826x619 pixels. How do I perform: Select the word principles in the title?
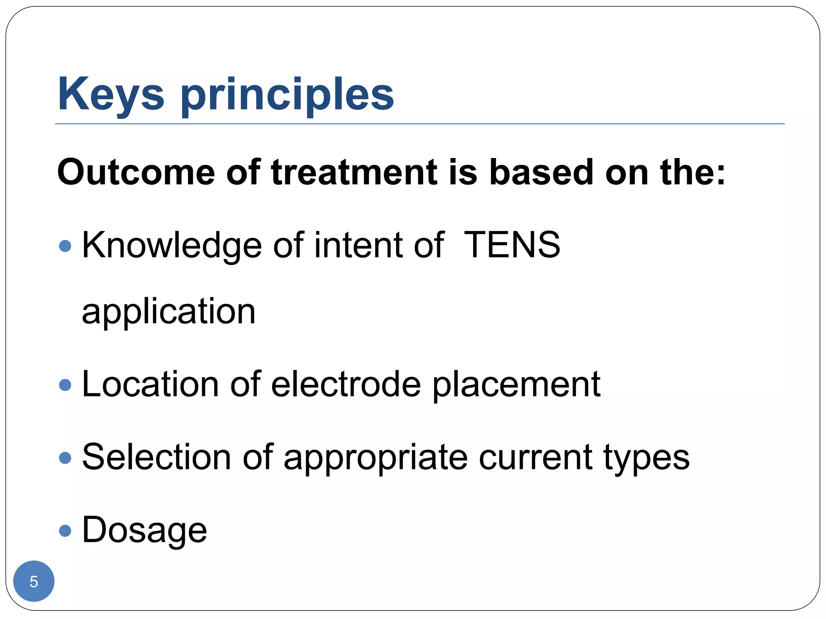[287, 95]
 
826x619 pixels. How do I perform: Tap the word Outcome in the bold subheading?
[136, 172]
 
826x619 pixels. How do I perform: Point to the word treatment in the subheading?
[354, 172]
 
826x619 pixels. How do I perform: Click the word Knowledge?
[172, 246]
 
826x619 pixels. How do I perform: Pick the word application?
[169, 312]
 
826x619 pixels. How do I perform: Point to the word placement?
[517, 385]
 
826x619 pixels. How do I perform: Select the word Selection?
[156, 457]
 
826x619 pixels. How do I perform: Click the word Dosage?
[144, 530]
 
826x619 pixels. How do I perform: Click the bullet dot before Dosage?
[65, 530]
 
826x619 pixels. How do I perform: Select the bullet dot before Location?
[65, 384]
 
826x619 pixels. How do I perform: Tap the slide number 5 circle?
[34, 581]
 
